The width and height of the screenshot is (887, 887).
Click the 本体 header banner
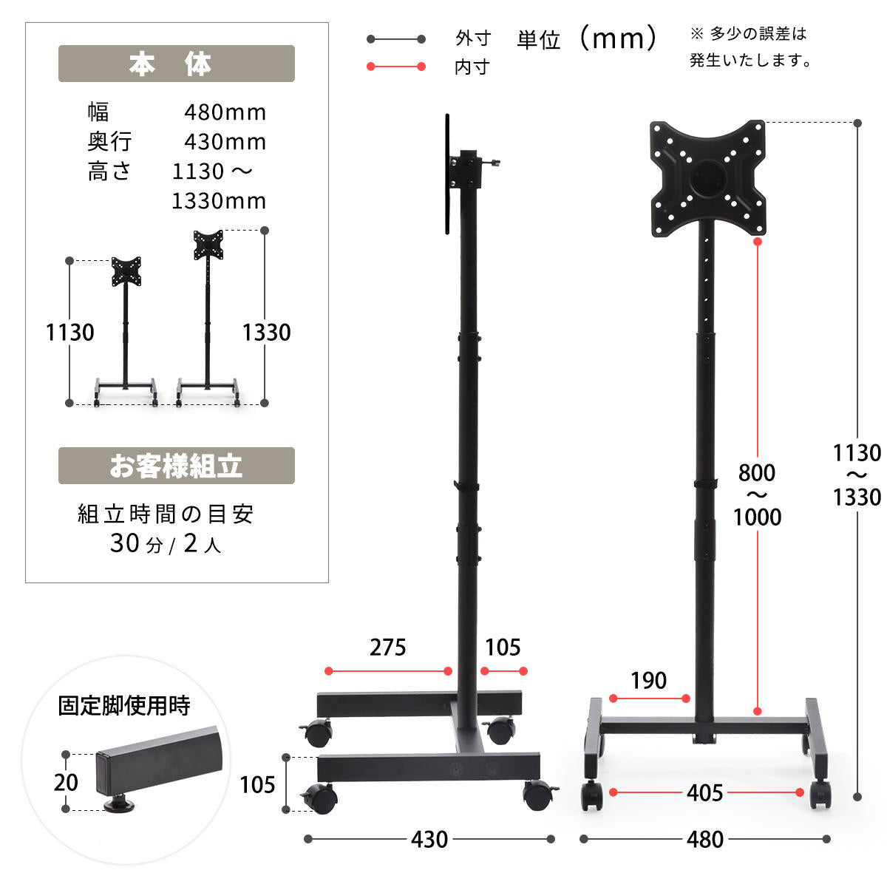click(x=177, y=64)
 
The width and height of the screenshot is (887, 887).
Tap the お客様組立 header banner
click(x=177, y=466)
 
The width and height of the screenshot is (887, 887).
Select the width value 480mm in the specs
click(x=225, y=112)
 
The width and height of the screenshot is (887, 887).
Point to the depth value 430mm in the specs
click(x=225, y=142)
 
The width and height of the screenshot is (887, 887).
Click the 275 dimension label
click(x=387, y=648)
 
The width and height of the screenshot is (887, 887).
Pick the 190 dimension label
click(x=648, y=680)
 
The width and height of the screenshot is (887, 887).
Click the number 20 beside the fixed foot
click(x=66, y=782)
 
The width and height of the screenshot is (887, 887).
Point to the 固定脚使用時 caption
click(x=124, y=706)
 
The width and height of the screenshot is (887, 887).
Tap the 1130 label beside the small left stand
click(x=70, y=333)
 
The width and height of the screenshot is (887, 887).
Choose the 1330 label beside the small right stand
click(x=267, y=333)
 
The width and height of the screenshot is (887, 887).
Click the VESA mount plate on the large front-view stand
click(x=707, y=179)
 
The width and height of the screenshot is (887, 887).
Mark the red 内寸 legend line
click(x=396, y=67)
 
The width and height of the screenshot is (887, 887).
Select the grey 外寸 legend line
click(x=396, y=39)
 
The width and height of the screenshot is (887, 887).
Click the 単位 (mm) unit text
click(x=587, y=38)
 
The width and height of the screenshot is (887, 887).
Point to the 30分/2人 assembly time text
click(x=166, y=543)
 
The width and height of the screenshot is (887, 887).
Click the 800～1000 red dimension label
click(x=757, y=495)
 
